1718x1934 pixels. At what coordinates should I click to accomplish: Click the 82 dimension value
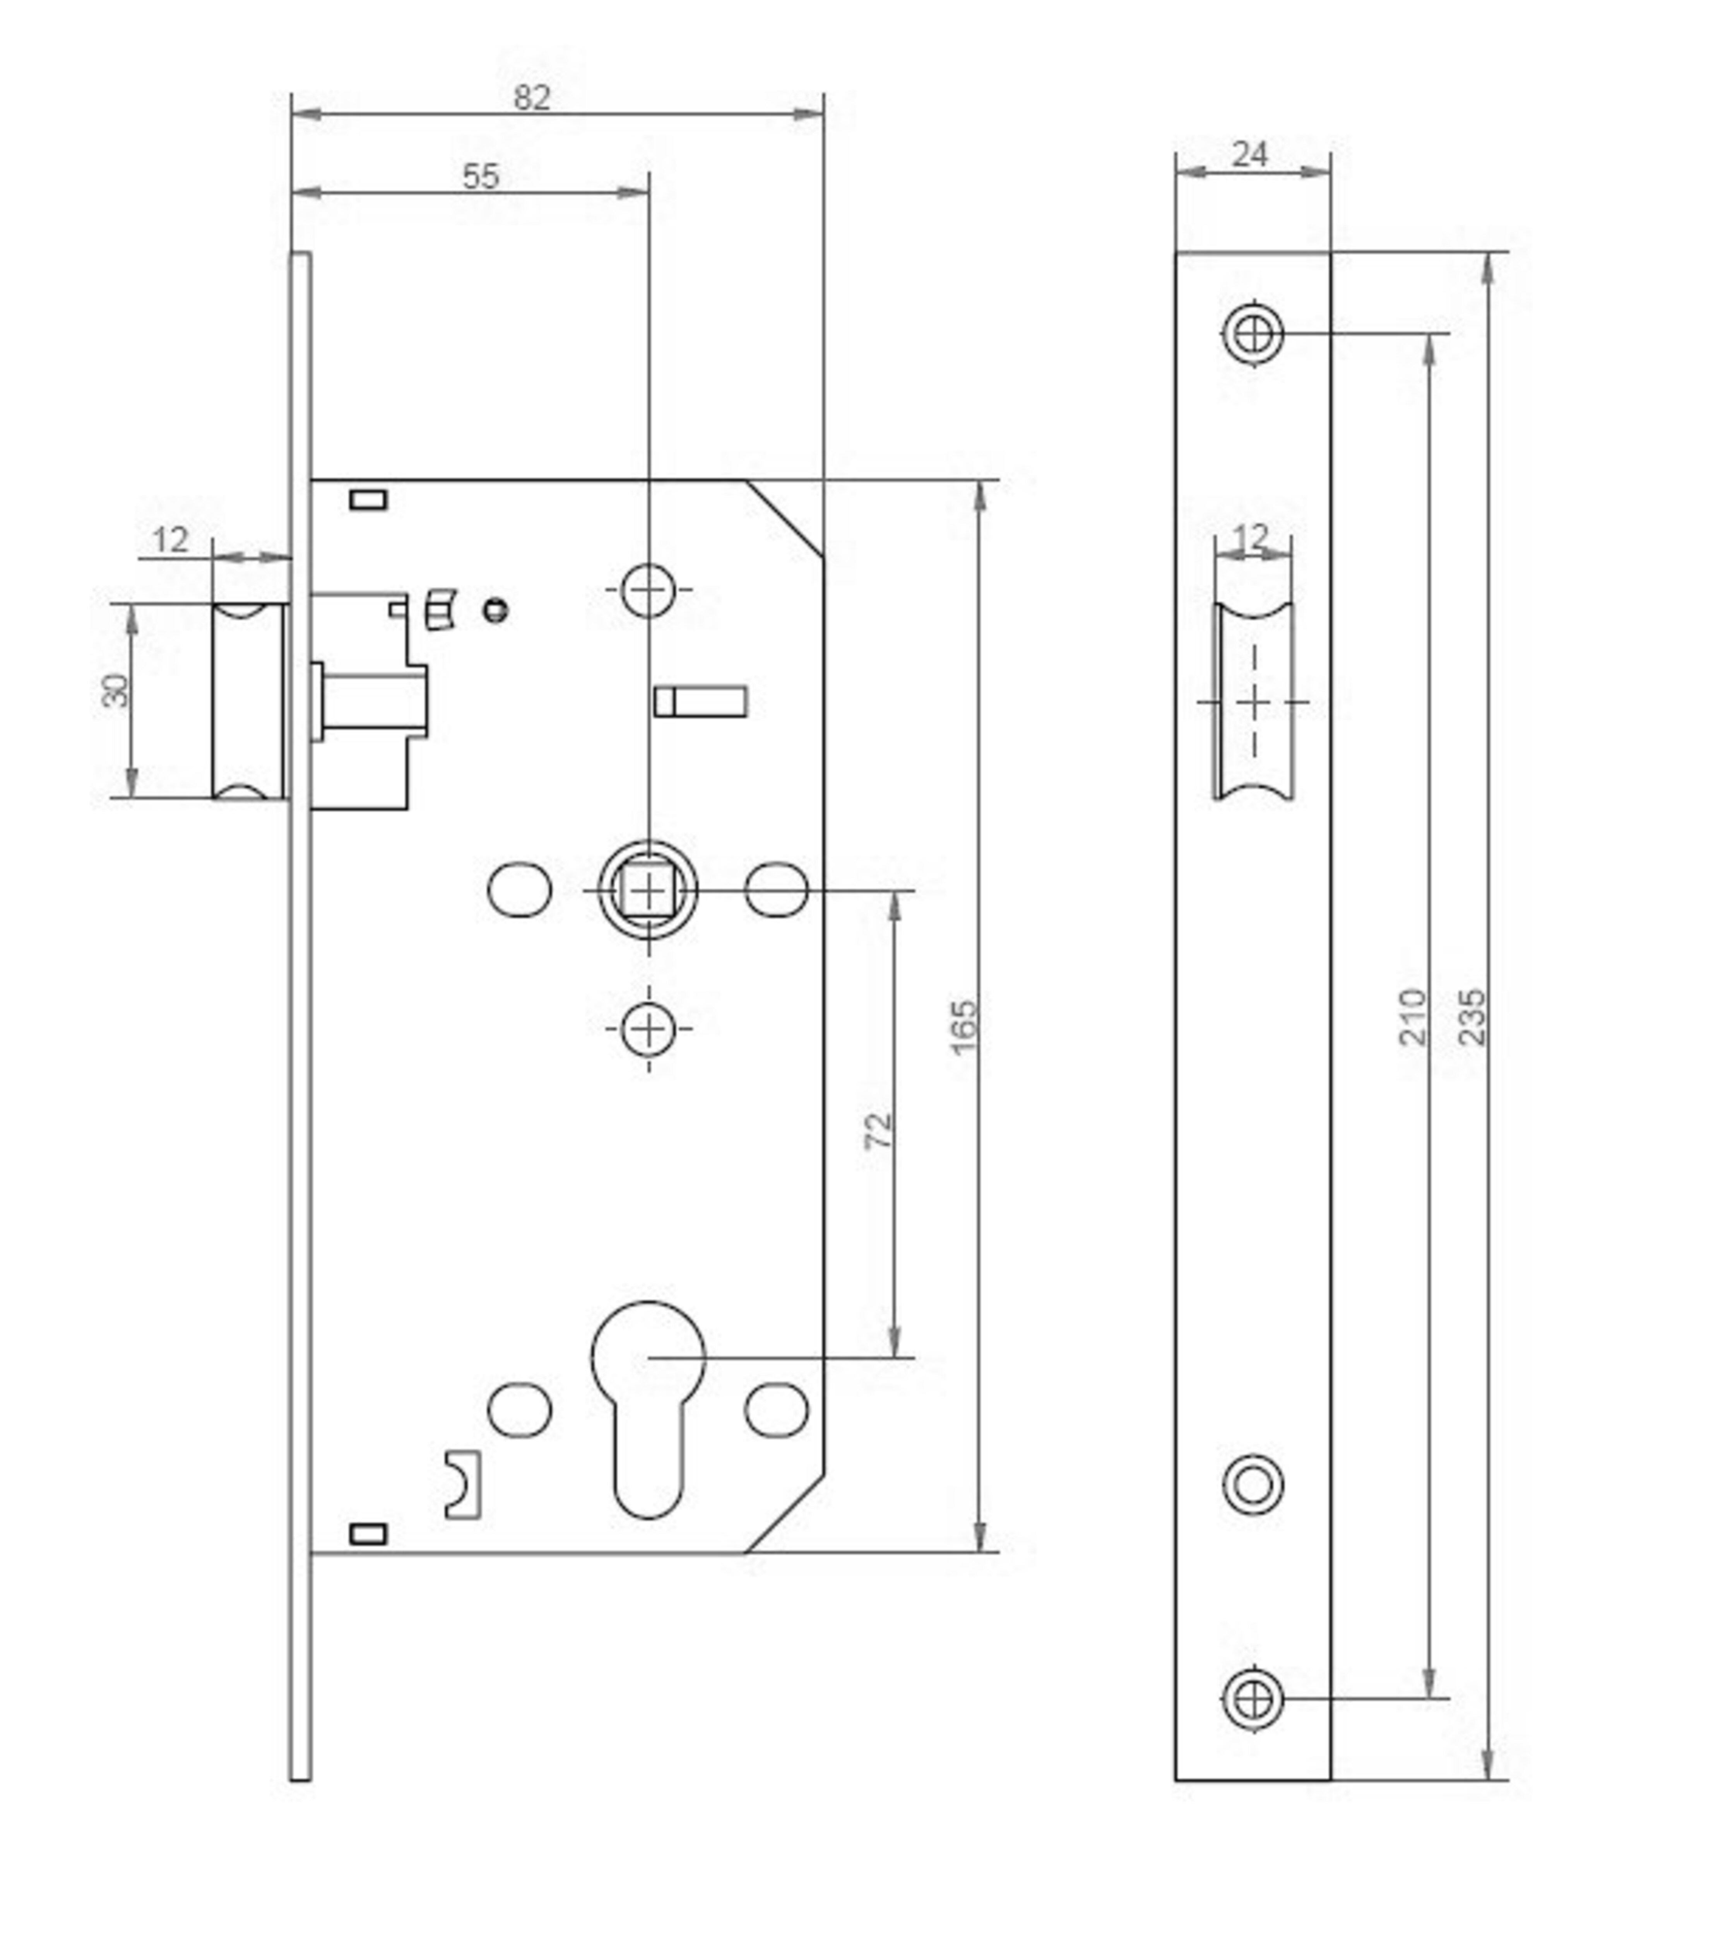click(532, 97)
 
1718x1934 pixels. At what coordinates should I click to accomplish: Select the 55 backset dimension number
click(481, 176)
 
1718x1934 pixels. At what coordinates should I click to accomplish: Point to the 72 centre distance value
click(878, 1131)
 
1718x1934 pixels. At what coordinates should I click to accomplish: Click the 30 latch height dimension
click(115, 691)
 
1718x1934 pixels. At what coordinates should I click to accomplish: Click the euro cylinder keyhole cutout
click(649, 1410)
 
